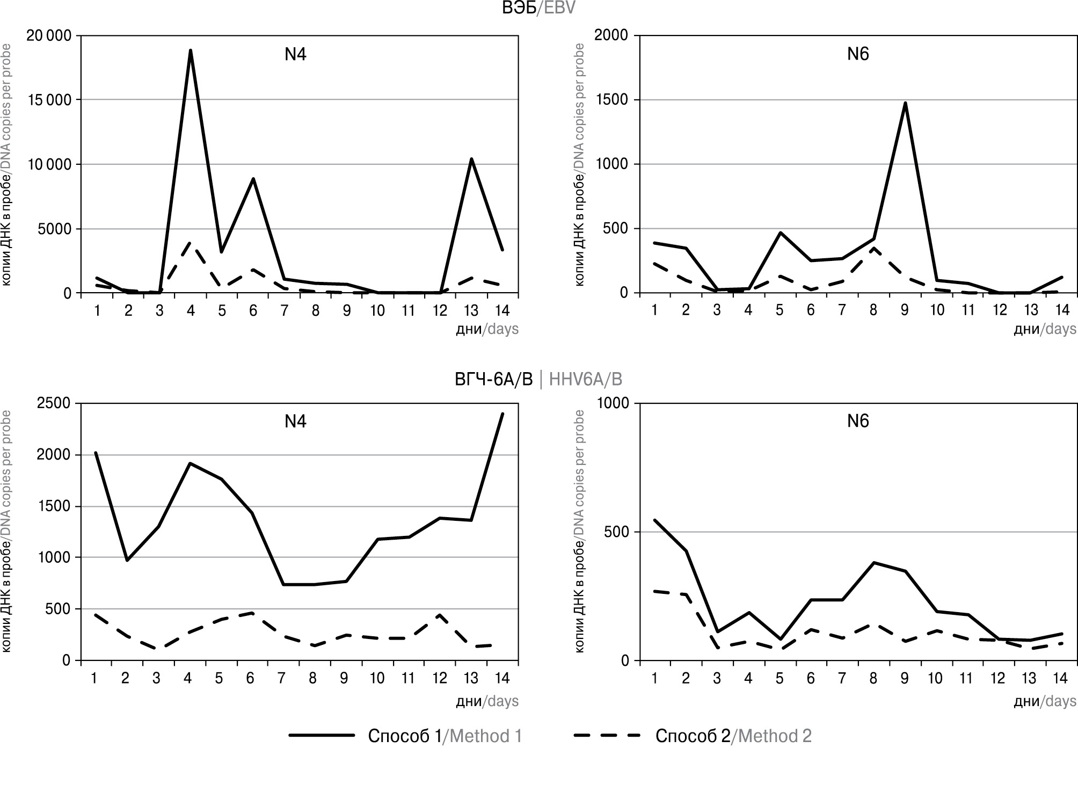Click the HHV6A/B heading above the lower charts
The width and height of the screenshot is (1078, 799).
coord(538,380)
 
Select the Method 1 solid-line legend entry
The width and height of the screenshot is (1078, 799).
coord(405,735)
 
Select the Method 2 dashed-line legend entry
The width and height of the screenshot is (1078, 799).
coord(693,735)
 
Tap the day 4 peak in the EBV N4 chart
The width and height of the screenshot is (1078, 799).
coord(191,50)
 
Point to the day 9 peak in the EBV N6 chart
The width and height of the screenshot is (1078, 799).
coord(905,103)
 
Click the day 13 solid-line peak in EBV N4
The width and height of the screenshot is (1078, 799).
coord(471,159)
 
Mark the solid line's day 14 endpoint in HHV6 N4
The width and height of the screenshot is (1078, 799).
coord(502,413)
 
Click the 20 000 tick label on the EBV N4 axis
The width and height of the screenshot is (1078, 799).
coord(49,36)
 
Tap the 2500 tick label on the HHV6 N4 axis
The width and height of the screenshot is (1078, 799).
coord(54,403)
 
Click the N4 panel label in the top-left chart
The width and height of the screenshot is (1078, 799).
coord(295,55)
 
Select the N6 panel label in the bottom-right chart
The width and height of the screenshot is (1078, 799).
coord(858,422)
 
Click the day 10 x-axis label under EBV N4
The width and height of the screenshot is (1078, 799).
coord(377,310)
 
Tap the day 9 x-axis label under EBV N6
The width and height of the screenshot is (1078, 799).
coord(905,310)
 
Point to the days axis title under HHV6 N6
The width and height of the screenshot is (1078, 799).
coord(1045,701)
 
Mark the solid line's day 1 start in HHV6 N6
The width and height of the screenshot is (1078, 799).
coord(655,520)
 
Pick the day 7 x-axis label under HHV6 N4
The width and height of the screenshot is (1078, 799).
coord(281,678)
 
